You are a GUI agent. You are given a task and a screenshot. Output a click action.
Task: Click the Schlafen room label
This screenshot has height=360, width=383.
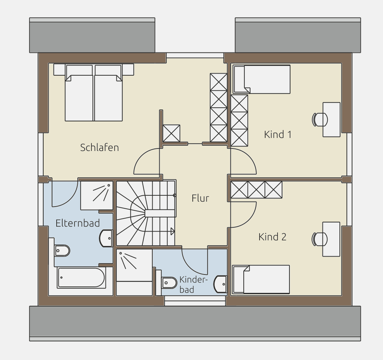(100, 147)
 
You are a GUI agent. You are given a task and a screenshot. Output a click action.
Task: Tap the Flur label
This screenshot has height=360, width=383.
(200, 198)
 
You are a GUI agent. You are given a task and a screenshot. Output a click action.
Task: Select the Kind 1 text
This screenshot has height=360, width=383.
(278, 134)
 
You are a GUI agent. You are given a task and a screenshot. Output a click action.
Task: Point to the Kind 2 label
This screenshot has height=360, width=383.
(272, 237)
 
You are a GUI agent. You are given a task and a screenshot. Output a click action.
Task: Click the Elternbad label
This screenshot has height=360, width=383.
(78, 223)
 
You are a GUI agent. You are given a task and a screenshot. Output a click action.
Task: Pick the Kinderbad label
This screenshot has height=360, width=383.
(193, 284)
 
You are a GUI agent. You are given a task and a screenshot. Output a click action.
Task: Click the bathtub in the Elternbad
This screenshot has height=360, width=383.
(81, 277)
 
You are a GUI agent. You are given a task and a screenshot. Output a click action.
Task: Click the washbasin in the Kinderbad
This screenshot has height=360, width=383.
(220, 284)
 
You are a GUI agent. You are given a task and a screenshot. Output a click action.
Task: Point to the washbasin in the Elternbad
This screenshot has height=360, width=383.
(106, 238)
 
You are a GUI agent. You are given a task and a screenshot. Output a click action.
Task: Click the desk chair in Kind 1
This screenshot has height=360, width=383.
(320, 120)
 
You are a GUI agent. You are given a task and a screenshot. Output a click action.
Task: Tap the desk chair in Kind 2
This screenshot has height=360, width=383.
(319, 239)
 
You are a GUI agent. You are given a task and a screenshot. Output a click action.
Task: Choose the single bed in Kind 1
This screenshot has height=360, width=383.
(262, 79)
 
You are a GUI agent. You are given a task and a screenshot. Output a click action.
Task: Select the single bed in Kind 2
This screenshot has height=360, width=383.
(261, 279)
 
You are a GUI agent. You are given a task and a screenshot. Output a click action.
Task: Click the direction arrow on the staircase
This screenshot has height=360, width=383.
(172, 231)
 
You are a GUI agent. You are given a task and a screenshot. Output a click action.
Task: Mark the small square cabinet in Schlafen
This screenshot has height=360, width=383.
(172, 133)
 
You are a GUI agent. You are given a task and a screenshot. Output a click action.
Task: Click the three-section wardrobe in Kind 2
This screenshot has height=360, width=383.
(256, 190)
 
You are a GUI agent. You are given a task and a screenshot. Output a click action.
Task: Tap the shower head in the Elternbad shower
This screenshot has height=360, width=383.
(108, 185)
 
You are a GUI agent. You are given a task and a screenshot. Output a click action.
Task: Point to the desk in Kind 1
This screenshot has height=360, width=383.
(331, 120)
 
